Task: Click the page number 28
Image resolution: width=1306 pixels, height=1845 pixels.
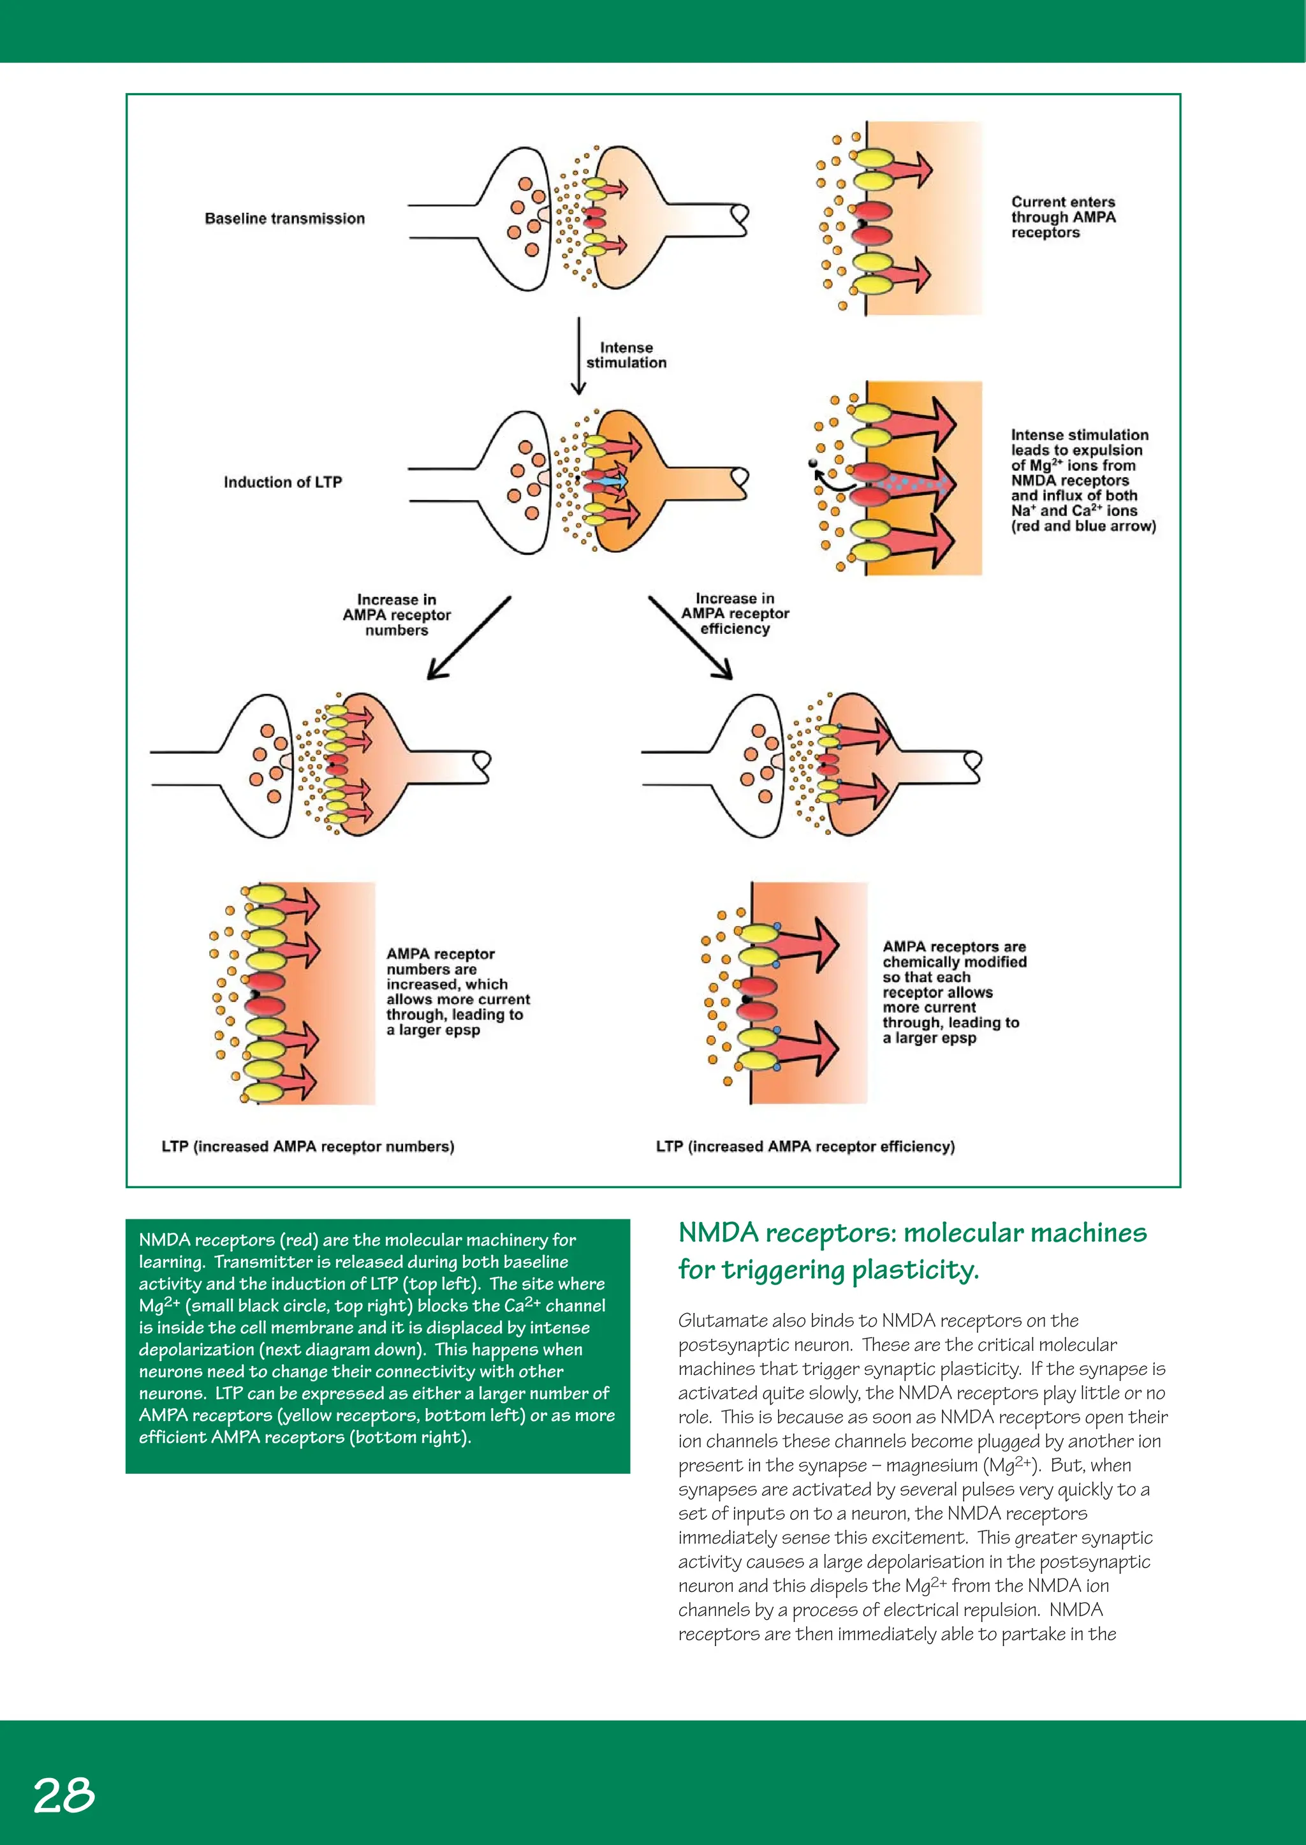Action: [64, 1795]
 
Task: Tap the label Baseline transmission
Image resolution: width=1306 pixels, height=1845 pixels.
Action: [284, 219]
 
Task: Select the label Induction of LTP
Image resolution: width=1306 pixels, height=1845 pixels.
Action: [282, 481]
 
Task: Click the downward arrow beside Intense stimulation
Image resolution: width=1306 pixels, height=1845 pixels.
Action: [578, 355]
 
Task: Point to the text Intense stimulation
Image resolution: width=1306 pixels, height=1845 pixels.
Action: [626, 355]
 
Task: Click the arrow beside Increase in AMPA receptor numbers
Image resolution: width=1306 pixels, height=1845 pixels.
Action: [468, 638]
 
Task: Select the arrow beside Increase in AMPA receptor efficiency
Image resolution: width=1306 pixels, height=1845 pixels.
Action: [690, 638]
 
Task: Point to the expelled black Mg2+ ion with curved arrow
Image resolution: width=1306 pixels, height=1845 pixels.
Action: [813, 463]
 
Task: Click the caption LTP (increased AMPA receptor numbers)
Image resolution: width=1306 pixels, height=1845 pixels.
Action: [307, 1146]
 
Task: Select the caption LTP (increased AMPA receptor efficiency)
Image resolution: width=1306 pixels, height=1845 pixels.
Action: [805, 1146]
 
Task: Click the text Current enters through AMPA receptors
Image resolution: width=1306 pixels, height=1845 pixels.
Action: [1062, 217]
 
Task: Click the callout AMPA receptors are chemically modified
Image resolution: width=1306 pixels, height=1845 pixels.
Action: [954, 992]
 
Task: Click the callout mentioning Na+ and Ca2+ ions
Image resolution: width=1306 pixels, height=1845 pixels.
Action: [1082, 480]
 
